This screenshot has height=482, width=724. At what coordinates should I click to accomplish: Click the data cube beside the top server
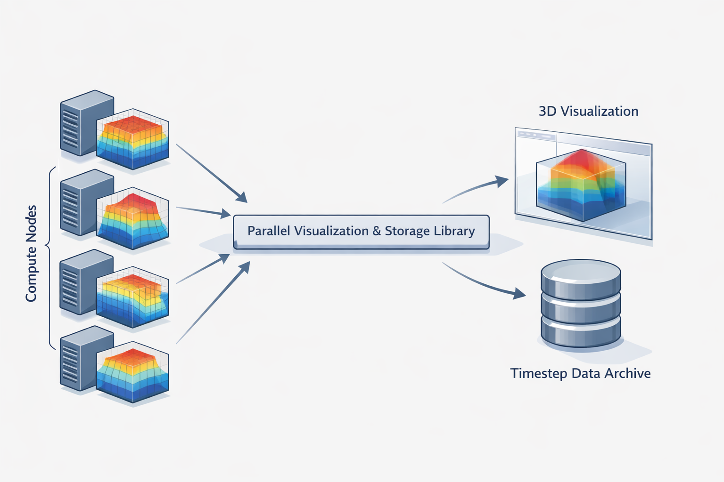coord(133,139)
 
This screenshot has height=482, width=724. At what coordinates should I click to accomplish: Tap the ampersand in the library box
coord(376,231)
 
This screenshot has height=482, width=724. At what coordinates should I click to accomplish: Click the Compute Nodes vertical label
coord(31,253)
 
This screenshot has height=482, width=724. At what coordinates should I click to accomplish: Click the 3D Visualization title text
coord(588,111)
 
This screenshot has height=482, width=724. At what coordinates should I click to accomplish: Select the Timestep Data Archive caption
coord(580,373)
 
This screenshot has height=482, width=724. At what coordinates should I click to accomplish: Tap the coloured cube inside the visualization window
coord(581,186)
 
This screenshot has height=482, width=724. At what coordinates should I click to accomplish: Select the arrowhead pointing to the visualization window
coord(502,181)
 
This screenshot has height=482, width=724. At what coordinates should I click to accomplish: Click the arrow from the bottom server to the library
coord(212,304)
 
